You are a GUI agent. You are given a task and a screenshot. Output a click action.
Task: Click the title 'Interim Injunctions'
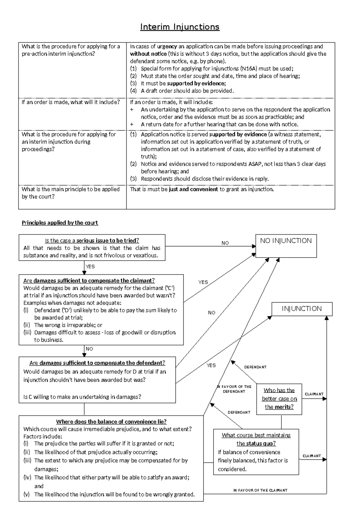[180, 27]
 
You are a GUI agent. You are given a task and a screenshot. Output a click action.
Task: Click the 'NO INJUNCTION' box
[286, 246]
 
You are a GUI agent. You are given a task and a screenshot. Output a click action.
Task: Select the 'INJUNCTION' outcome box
[302, 309]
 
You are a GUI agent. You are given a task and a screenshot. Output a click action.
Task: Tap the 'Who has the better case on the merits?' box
[279, 399]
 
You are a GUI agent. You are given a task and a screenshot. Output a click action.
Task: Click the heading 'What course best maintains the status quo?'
[256, 439]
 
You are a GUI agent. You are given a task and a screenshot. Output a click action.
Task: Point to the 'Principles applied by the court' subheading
[60, 223]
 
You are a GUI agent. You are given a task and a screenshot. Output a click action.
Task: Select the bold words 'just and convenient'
[193, 189]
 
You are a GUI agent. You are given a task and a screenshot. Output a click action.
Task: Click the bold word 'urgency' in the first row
[167, 46]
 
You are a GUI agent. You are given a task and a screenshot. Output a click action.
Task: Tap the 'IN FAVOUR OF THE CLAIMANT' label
[260, 490]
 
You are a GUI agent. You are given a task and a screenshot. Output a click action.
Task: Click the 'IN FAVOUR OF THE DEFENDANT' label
[234, 389]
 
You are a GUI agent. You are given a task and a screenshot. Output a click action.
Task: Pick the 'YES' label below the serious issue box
[90, 267]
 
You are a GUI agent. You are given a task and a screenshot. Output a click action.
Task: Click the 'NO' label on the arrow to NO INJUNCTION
[225, 243]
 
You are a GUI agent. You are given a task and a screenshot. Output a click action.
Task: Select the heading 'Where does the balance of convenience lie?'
[111, 421]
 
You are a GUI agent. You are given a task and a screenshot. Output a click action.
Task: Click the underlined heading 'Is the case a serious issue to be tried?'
[92, 240]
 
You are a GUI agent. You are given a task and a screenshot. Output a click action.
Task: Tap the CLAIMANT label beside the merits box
[314, 394]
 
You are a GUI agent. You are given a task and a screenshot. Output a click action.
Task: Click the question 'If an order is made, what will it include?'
[70, 102]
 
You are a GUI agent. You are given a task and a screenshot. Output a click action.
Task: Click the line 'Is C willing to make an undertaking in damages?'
[82, 397]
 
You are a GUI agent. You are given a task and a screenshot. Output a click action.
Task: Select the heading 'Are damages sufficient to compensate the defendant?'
[97, 363]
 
